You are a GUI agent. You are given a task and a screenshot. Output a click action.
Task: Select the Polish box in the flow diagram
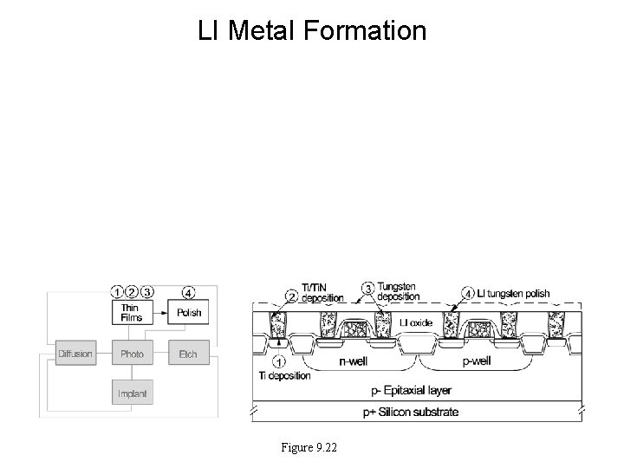click(189, 312)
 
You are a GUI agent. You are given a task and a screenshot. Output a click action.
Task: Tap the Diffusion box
click(75, 354)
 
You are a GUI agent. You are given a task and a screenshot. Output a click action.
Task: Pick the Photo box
click(132, 354)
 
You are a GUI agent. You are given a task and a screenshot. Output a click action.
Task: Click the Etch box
click(188, 354)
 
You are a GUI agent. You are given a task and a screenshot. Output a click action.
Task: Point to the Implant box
click(132, 393)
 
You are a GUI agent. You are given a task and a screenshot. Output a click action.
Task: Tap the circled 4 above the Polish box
click(189, 291)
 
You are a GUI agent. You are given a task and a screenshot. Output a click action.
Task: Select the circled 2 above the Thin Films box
click(132, 291)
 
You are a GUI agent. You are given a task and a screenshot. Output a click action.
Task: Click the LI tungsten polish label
click(512, 294)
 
